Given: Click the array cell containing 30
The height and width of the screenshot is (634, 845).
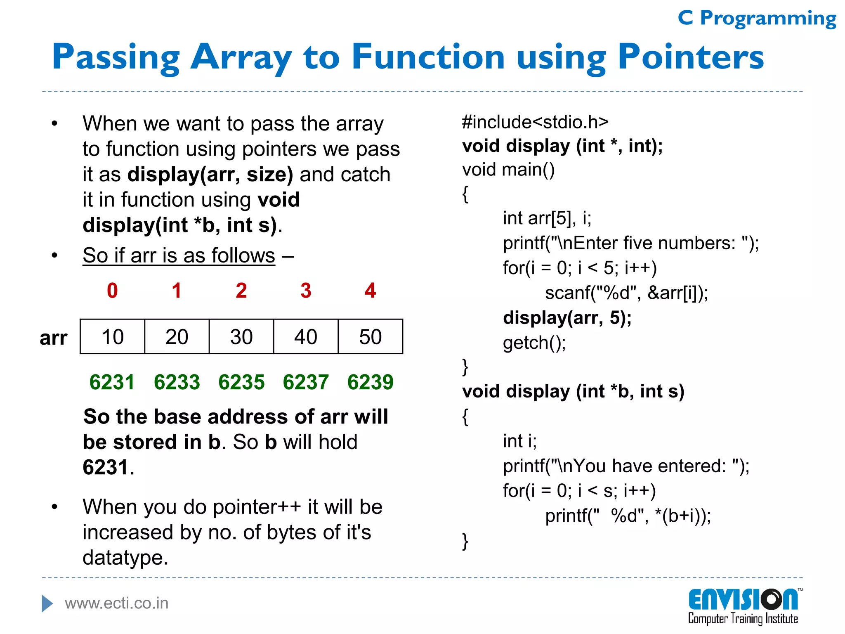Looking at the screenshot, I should click(241, 337).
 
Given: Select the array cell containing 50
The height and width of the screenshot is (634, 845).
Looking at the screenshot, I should click(370, 337).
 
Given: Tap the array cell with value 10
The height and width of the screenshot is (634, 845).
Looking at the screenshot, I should click(112, 337).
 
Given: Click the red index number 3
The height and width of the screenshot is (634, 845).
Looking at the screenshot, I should click(306, 291).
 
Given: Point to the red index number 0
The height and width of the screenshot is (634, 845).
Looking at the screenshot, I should click(112, 291).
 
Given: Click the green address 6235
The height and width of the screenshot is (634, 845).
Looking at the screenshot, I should click(241, 382).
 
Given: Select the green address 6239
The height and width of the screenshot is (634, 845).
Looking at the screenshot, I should click(370, 382).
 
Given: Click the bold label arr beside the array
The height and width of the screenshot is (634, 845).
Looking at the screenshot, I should click(53, 338).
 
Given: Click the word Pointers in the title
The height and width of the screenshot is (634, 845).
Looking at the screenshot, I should click(690, 57).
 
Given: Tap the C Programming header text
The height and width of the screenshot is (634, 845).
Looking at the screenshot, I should click(757, 19).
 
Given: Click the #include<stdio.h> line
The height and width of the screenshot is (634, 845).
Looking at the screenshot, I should click(535, 122).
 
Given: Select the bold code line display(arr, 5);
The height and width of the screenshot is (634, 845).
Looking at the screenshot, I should click(567, 318).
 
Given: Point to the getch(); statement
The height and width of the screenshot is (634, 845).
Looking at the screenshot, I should click(534, 343).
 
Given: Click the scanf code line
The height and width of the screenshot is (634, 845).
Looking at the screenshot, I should click(626, 293).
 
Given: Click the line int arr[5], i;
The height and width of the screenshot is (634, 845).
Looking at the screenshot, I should click(547, 218).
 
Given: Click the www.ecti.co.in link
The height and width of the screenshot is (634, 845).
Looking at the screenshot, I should click(117, 603).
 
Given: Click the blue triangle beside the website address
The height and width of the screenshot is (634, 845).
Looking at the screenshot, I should click(47, 603).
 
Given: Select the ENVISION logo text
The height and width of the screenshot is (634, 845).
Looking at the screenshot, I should click(742, 600).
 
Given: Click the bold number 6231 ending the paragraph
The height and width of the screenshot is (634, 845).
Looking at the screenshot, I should click(106, 468).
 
